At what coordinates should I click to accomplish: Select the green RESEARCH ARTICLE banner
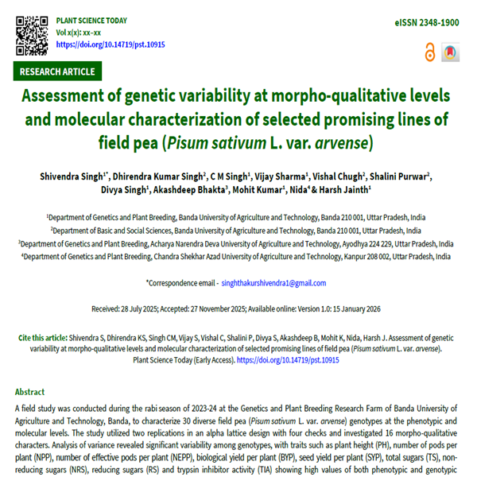(58, 72)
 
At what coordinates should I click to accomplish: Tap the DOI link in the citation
(287, 359)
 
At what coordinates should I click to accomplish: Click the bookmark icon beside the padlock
(450, 52)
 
